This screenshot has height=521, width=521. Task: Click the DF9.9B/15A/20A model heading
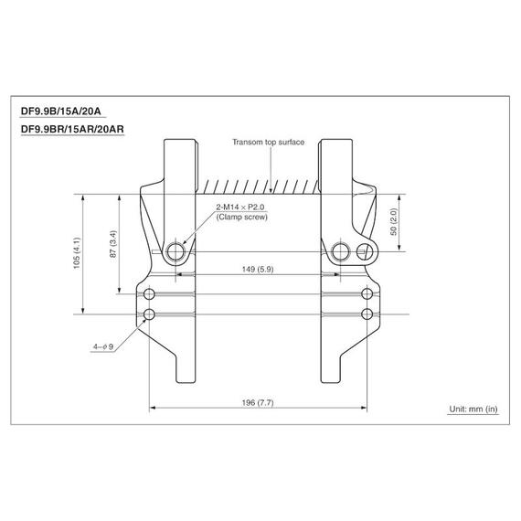[x=61, y=111]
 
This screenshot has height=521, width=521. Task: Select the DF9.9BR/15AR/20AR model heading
[x=72, y=129]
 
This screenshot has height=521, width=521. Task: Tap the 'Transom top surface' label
[x=268, y=143]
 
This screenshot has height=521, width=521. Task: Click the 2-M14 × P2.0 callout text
[x=240, y=207]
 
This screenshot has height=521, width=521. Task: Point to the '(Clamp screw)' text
[x=241, y=217]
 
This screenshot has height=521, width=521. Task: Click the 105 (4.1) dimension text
[x=77, y=253]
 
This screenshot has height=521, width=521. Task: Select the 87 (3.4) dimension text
[x=113, y=244]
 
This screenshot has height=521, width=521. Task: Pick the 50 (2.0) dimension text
[x=393, y=222]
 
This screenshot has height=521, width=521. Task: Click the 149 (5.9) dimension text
[x=258, y=269]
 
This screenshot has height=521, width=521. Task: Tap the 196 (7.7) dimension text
[x=258, y=403]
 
